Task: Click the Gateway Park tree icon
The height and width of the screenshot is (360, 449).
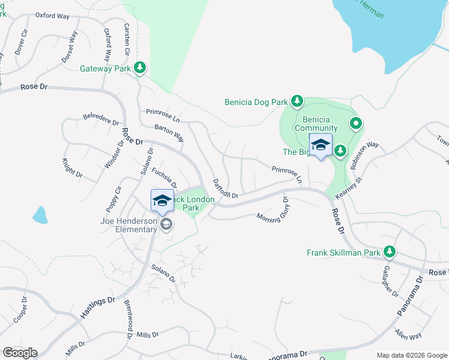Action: (140, 68)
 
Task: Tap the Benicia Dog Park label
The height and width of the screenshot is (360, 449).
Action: (256, 102)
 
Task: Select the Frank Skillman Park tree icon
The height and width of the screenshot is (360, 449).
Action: (390, 253)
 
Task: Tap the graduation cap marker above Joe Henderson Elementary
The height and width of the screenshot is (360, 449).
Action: (162, 201)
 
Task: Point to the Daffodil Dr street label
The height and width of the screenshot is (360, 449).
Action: (226, 188)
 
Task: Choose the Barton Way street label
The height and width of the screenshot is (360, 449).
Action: (169, 132)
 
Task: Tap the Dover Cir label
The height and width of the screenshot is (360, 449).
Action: (22, 43)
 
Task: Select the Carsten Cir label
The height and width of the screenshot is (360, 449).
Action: (127, 40)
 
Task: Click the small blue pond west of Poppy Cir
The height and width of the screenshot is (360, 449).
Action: (40, 215)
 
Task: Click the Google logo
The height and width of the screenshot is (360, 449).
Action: (20, 353)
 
